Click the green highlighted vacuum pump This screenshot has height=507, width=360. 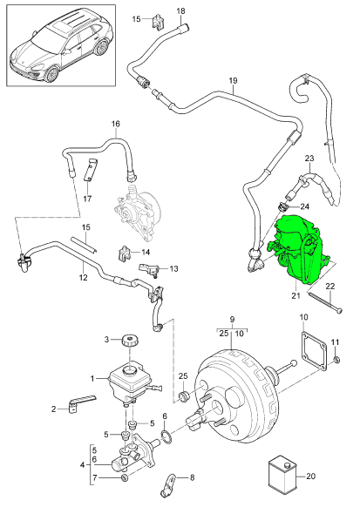point(302,253)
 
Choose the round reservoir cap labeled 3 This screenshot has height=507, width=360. point(130,340)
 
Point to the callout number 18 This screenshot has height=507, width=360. point(181,10)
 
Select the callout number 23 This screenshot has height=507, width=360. point(309,159)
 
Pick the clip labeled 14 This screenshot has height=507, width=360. point(125,253)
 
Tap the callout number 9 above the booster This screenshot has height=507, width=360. point(232,319)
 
